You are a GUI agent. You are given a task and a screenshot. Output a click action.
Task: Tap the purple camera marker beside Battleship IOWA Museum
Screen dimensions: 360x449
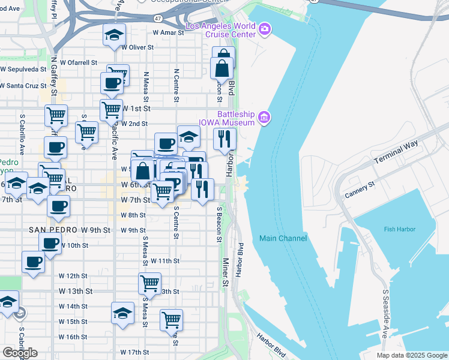point(264,117)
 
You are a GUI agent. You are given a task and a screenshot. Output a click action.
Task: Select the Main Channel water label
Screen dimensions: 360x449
point(283,238)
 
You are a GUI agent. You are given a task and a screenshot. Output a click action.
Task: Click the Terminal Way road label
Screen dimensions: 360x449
point(395,153)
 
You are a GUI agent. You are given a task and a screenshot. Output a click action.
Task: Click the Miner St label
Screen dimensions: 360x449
point(226,272)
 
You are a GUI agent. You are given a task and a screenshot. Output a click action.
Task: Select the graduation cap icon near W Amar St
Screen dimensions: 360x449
point(113,35)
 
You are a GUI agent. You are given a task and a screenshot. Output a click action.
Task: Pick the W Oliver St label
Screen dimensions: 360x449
point(137,47)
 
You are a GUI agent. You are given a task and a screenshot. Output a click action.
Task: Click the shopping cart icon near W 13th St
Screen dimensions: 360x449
point(149,281)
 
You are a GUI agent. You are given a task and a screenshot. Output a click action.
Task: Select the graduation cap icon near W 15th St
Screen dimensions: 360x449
point(122,313)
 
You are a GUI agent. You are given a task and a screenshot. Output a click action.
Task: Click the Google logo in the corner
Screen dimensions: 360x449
point(20,353)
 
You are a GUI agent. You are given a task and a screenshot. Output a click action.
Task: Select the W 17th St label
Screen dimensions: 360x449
point(134,352)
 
